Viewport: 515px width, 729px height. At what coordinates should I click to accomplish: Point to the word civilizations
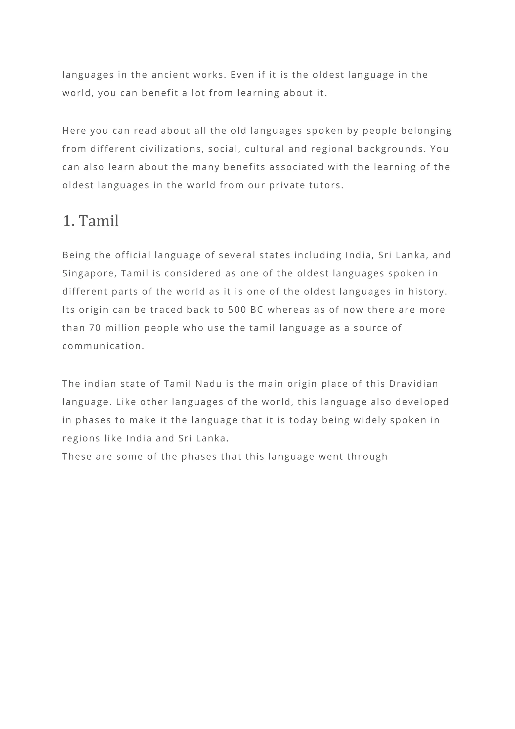172,149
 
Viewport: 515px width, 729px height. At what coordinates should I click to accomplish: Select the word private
287,186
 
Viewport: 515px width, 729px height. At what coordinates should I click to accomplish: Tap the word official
133,255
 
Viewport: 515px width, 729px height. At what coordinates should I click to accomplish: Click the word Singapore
90,273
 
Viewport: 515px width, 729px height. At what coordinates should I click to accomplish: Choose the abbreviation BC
257,310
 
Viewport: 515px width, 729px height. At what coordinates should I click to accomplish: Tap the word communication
103,346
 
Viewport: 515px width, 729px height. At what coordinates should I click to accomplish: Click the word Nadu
209,384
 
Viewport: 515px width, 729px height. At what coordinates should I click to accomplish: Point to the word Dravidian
413,384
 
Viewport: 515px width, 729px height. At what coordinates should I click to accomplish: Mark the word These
77,457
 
